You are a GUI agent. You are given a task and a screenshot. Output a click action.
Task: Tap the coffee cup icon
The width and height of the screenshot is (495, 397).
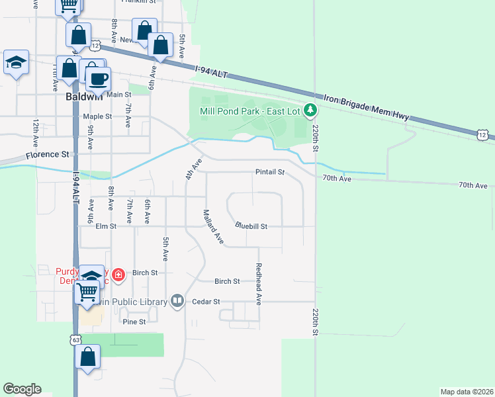pos(99,79)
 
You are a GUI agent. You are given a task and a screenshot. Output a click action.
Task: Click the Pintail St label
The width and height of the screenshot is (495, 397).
pos(269,172)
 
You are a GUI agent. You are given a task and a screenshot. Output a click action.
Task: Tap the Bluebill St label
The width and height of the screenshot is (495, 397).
pos(251,226)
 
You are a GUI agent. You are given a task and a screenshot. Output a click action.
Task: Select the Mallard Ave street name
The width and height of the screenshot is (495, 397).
pos(213,226)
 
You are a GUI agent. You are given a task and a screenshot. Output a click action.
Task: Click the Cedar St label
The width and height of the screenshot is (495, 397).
pos(207,301)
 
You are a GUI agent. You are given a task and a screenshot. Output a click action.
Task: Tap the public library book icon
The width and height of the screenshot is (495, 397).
pos(177,302)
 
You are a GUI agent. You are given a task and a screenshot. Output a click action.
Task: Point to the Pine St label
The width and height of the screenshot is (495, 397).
pos(134,322)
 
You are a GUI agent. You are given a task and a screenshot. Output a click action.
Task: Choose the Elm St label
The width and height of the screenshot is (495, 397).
pos(106,226)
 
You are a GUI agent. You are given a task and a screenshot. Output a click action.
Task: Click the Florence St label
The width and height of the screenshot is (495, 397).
pos(48,155)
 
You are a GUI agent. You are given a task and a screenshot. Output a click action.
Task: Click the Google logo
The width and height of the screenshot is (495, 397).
pos(22,389)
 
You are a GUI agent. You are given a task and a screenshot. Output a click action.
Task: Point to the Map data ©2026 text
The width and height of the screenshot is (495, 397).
pos(467,392)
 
